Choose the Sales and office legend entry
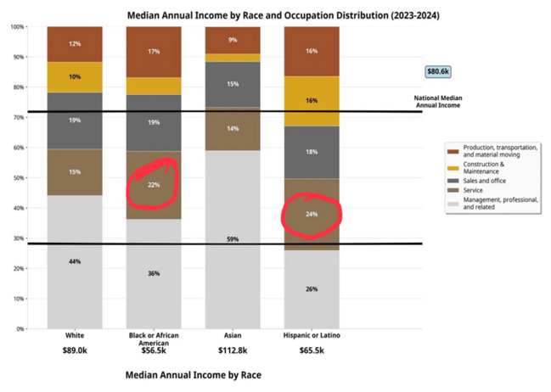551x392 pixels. pyautogui.click(x=488, y=181)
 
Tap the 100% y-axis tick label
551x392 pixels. pyautogui.click(x=16, y=27)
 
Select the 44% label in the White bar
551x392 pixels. pyautogui.click(x=75, y=261)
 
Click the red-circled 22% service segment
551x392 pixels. pyautogui.click(x=154, y=185)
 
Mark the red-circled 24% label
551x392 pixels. pyautogui.click(x=312, y=215)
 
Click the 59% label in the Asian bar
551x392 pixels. pyautogui.click(x=233, y=240)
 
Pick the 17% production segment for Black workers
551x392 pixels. pyautogui.click(x=154, y=52)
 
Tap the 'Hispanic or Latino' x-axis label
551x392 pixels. pyautogui.click(x=312, y=337)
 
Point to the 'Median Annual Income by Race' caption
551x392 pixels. pyautogui.click(x=193, y=375)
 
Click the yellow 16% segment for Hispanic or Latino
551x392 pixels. pyautogui.click(x=312, y=101)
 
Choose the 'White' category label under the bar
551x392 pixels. pyautogui.click(x=75, y=337)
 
